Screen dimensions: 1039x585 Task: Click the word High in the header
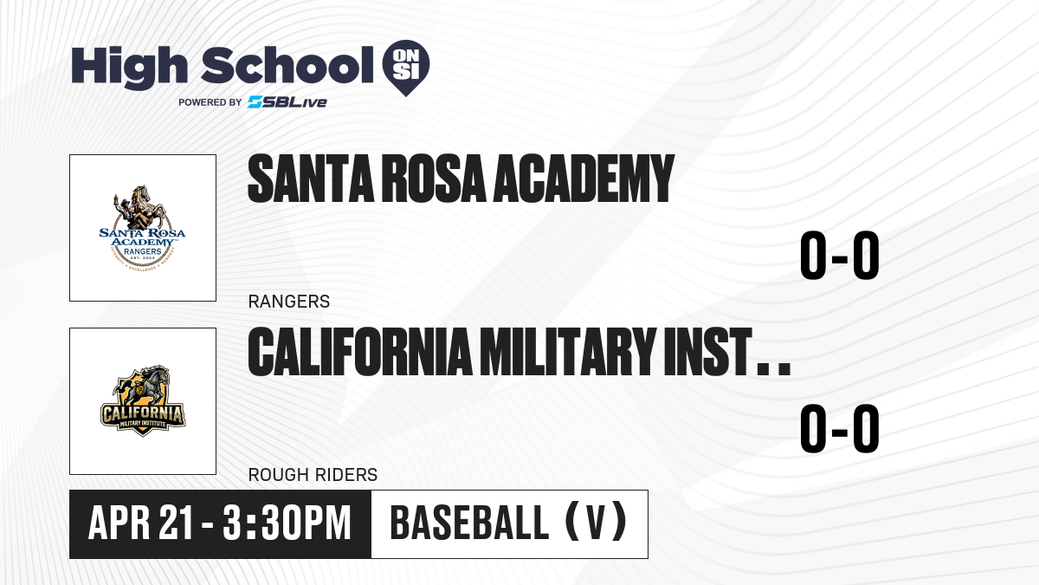(x=129, y=67)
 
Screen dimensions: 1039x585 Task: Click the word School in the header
(x=287, y=65)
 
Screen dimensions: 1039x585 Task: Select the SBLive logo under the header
(x=287, y=102)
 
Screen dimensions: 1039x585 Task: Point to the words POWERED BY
(x=210, y=102)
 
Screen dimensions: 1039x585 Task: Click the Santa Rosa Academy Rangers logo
(x=142, y=228)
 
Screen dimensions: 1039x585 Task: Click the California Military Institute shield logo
(x=143, y=400)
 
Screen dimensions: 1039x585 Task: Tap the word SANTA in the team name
(x=311, y=179)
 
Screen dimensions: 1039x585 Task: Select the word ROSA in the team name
(x=433, y=179)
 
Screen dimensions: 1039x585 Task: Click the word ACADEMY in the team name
(x=583, y=179)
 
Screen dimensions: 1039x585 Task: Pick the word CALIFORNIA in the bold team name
(x=360, y=352)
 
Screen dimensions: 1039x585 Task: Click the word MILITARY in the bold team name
(x=568, y=352)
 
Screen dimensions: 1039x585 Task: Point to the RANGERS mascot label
(x=289, y=302)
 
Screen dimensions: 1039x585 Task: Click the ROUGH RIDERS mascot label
(x=313, y=475)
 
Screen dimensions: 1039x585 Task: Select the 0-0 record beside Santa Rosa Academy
(x=840, y=256)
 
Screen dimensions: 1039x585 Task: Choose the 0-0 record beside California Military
(x=840, y=428)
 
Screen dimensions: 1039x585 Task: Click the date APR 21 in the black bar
(x=140, y=523)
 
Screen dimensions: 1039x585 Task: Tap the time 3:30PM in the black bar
(x=287, y=523)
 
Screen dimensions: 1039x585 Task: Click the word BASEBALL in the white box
(x=470, y=523)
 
